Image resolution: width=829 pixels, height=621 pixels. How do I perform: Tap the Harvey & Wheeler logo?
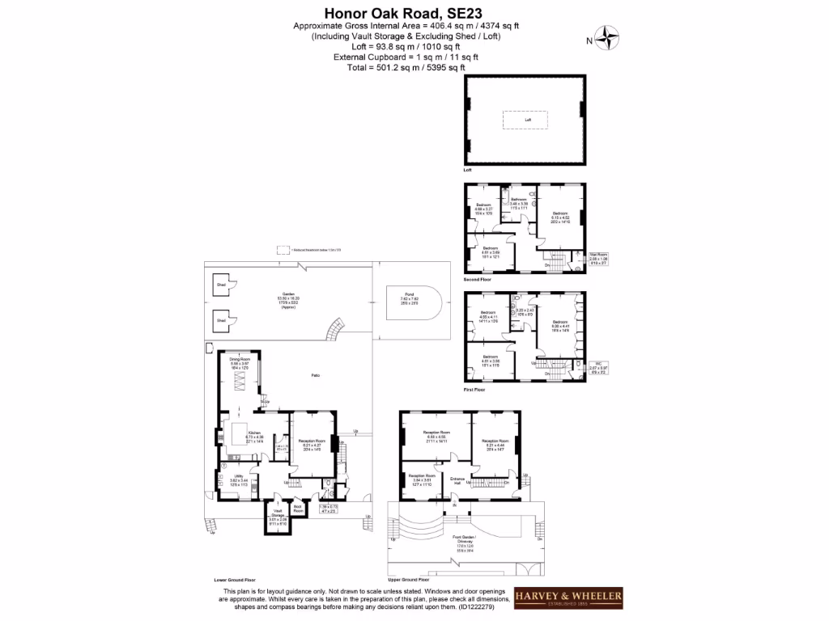pyautogui.click(x=569, y=598)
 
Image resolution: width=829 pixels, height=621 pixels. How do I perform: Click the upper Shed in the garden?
pyautogui.click(x=221, y=285)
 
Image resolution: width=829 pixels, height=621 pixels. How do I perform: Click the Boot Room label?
pyautogui.click(x=298, y=509)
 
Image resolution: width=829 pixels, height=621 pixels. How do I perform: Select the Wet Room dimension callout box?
pyautogui.click(x=598, y=259)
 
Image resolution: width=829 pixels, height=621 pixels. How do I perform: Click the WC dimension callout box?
pyautogui.click(x=598, y=369)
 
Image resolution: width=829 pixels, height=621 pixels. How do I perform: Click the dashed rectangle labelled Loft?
pyautogui.click(x=528, y=120)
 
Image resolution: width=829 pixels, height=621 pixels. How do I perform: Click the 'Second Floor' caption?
pyautogui.click(x=478, y=279)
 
